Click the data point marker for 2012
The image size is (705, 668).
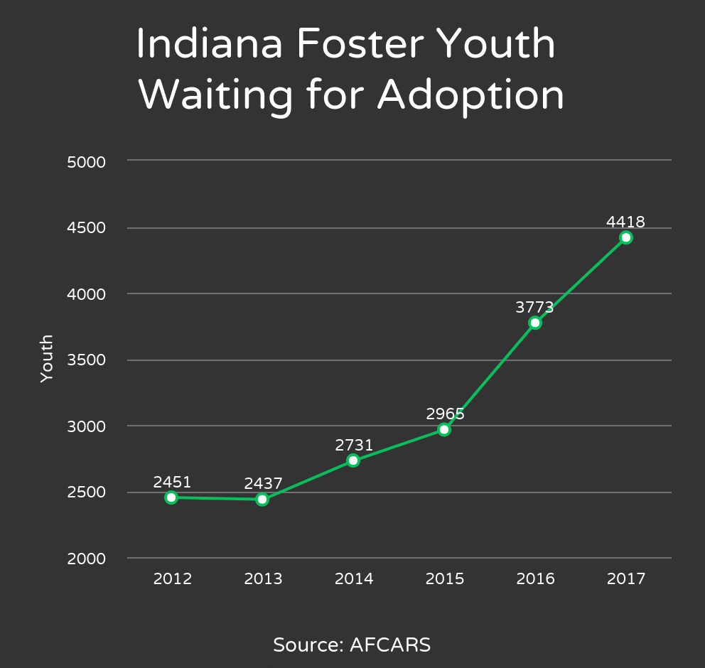(x=171, y=497)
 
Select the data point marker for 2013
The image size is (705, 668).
(x=262, y=500)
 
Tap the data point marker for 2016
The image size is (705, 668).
(x=535, y=323)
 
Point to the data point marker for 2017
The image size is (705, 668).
(x=625, y=237)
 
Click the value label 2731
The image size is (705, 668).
(x=354, y=446)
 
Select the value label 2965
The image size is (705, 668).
(x=445, y=414)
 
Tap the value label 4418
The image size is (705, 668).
(x=625, y=222)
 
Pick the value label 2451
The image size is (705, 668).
(x=172, y=483)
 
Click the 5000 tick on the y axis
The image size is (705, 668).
(x=86, y=162)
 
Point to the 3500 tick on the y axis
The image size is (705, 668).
(x=86, y=360)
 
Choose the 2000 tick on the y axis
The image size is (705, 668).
(x=86, y=559)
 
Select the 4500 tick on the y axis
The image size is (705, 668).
(x=86, y=228)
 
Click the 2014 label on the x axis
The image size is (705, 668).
(x=354, y=579)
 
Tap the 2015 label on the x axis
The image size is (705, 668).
(x=445, y=579)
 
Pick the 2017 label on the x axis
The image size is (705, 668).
(x=626, y=579)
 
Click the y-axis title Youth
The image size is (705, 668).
(x=47, y=359)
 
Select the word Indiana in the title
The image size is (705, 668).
(x=207, y=44)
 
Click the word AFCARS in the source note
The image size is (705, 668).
(x=390, y=645)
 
